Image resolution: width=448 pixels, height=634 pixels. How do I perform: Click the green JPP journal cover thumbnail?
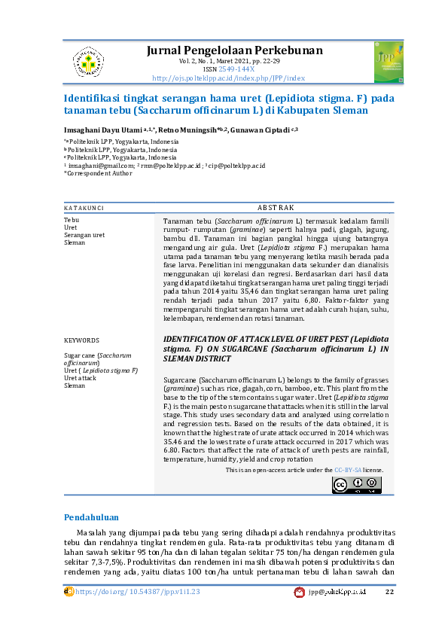[x=388, y=62]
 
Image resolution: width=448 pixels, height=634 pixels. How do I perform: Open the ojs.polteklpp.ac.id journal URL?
[x=228, y=78]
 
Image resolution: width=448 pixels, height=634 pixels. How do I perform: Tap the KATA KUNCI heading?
[x=84, y=207]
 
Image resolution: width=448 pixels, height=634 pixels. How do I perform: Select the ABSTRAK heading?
[x=276, y=207]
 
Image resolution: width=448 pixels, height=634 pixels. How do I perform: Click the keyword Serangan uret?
[x=84, y=235]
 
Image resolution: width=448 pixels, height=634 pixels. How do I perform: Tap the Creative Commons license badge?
[x=356, y=484]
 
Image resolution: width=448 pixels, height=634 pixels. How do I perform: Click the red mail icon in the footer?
[x=299, y=593]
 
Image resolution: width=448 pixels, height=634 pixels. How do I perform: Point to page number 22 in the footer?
[x=389, y=592]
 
